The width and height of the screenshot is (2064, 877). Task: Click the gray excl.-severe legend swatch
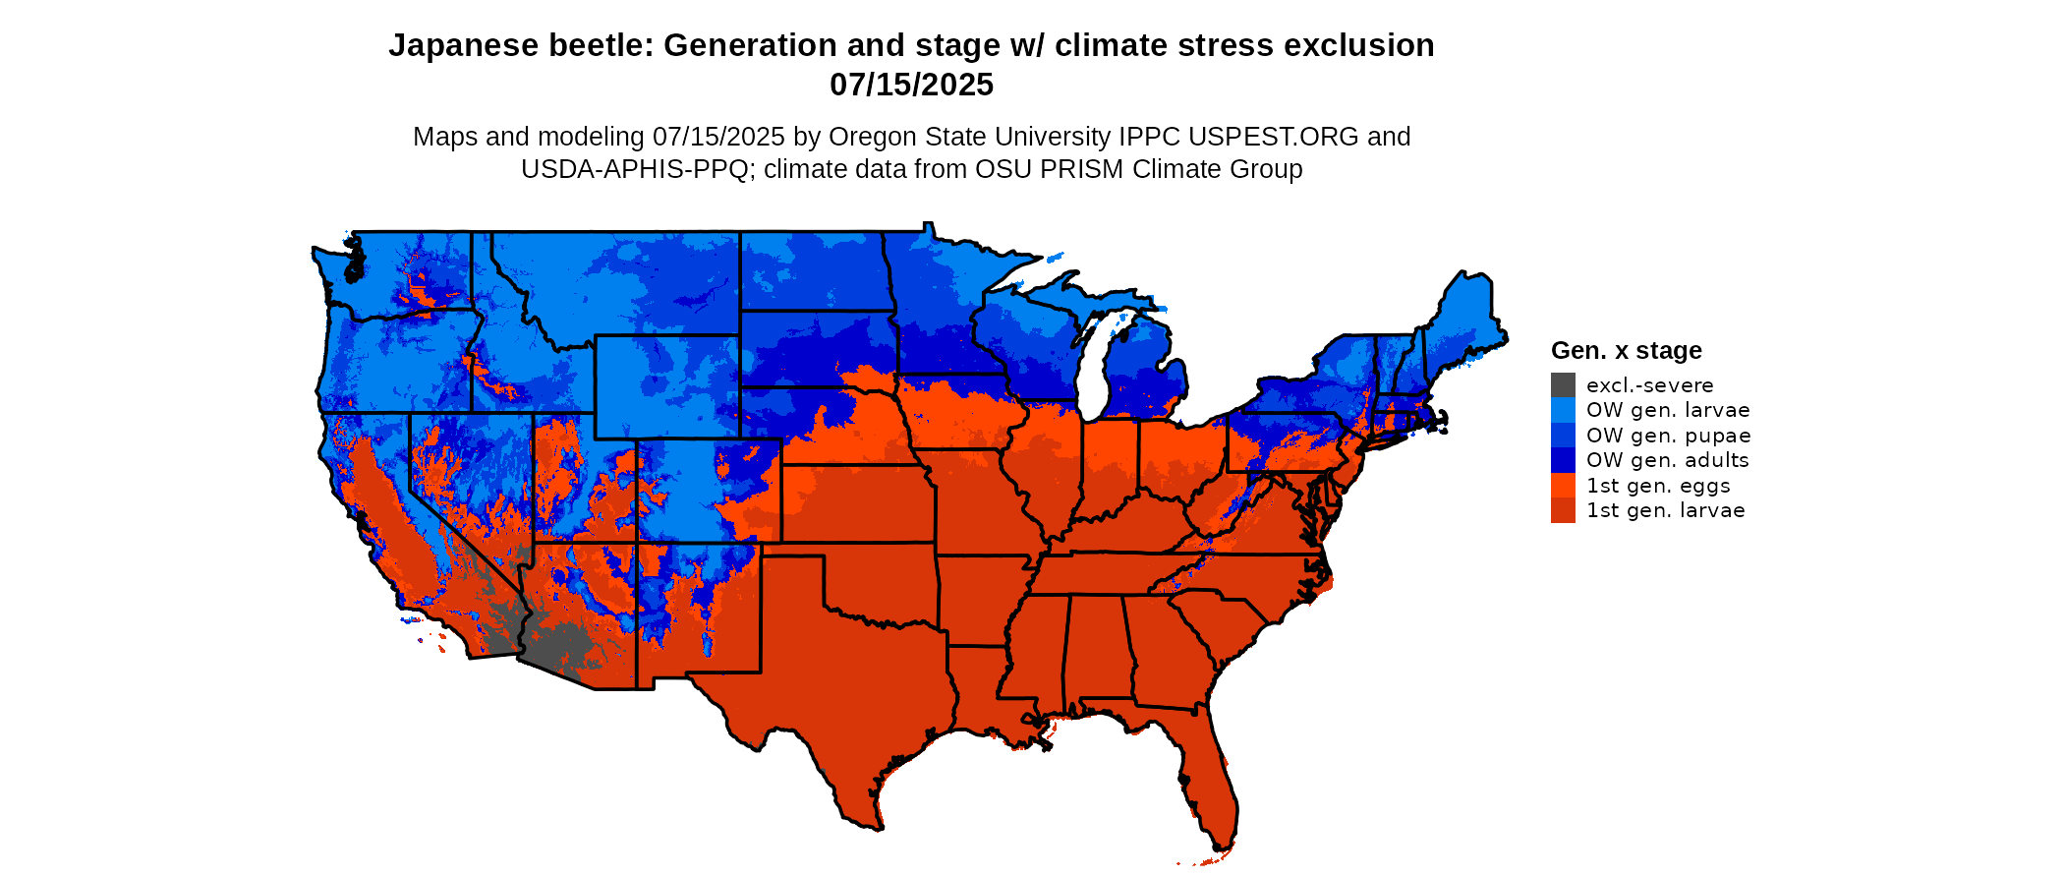pyautogui.click(x=1563, y=384)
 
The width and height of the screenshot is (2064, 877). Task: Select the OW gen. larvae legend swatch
pyautogui.click(x=1563, y=410)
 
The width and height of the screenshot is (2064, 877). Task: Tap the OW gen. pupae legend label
pyautogui.click(x=1668, y=436)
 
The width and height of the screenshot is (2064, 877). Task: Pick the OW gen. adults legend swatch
pyautogui.click(x=1563, y=460)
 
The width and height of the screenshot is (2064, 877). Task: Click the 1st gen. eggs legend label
pyautogui.click(x=1658, y=486)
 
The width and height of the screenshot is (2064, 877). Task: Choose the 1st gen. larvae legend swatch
pyautogui.click(x=1563, y=510)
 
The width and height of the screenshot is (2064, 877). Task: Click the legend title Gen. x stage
pyautogui.click(x=1626, y=350)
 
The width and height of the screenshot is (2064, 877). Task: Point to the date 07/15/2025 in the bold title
pyautogui.click(x=911, y=85)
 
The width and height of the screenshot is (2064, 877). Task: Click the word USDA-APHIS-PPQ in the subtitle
pyautogui.click(x=635, y=169)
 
